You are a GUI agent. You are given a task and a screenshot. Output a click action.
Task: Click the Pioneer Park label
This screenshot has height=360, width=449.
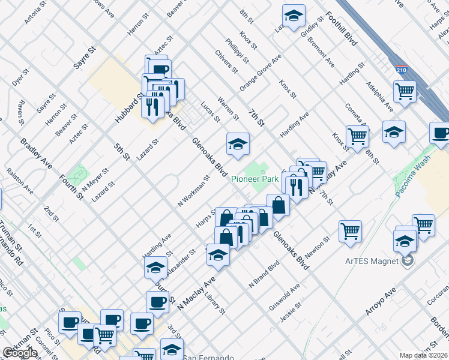[254, 179]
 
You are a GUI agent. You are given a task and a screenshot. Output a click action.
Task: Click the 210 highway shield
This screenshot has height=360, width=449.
[402, 69]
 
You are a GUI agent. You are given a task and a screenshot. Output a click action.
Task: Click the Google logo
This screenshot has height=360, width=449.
[20, 353]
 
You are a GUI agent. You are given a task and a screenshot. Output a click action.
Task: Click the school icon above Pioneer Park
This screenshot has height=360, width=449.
[238, 145]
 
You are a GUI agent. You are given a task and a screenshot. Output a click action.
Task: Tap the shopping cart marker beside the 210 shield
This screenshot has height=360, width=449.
[405, 92]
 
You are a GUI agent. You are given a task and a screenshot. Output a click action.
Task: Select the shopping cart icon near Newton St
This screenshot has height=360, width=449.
[350, 231]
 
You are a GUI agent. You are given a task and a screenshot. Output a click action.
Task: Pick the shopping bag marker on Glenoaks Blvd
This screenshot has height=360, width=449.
[278, 205]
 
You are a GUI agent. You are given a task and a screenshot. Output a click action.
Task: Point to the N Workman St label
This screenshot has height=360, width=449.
[193, 191]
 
